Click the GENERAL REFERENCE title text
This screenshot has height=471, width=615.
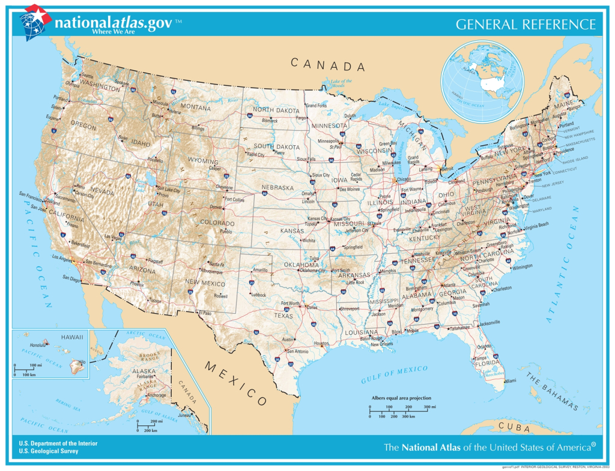526,25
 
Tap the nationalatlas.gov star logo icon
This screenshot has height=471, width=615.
34,21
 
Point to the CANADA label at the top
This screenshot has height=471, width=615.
328,64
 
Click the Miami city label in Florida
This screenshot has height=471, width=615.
510,381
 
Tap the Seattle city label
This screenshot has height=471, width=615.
87,76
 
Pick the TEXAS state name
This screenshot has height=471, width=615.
283,315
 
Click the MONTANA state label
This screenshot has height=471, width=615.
195,108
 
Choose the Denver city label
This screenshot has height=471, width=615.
216,207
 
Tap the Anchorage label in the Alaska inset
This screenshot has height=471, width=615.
157,395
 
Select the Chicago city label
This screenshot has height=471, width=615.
404,179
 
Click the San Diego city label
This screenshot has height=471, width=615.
70,278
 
